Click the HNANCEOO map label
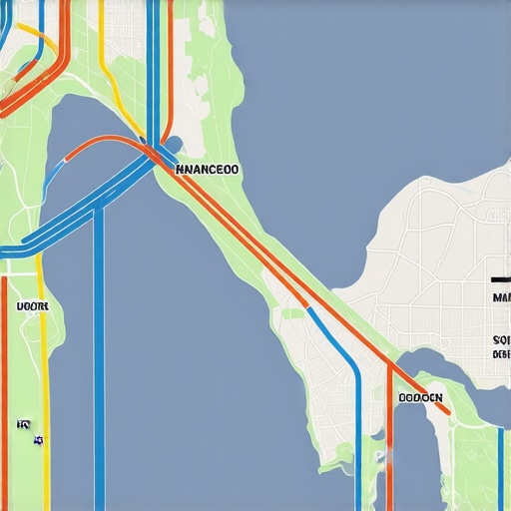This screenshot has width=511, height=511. pyautogui.click(x=207, y=170)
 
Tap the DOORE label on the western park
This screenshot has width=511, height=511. pyautogui.click(x=32, y=305)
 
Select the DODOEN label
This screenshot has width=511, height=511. pyautogui.click(x=420, y=397)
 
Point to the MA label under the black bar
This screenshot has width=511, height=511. pyautogui.click(x=501, y=297)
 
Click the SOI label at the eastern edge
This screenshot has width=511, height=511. pyautogui.click(x=501, y=340)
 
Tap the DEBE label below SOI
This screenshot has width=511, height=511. pyautogui.click(x=501, y=355)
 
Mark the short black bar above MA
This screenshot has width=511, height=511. pyautogui.click(x=501, y=279)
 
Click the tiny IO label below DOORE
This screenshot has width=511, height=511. pyautogui.click(x=23, y=425)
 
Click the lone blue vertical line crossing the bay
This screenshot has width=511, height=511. pyautogui.click(x=99, y=379)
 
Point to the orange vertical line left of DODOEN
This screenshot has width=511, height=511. pyautogui.click(x=389, y=439)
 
